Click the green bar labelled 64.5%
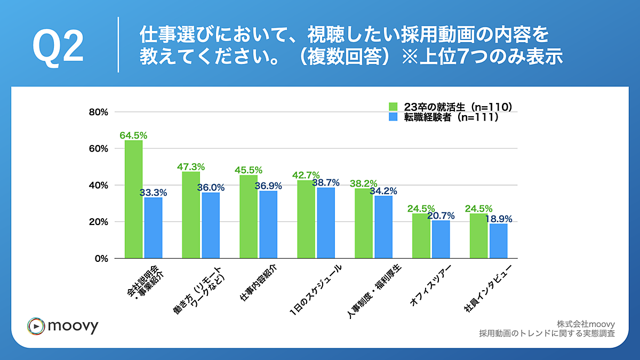133,199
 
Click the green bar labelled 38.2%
364,223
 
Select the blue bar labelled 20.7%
441,239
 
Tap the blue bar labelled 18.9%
499,241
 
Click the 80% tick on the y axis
99,112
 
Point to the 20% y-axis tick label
99,222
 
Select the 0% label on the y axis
101,259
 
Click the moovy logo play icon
35,325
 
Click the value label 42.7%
306,175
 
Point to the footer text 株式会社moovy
586,324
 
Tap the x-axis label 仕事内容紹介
260,283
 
